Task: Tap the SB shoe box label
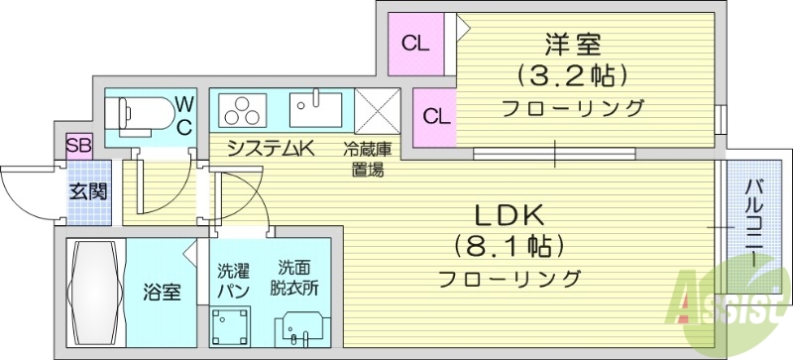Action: pyautogui.click(x=78, y=145)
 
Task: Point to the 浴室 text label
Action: pyautogui.click(x=162, y=293)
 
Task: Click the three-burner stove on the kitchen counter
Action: pyautogui.click(x=244, y=109)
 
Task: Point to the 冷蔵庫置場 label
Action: pyautogui.click(x=367, y=159)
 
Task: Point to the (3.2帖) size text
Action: pyautogui.click(x=574, y=75)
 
